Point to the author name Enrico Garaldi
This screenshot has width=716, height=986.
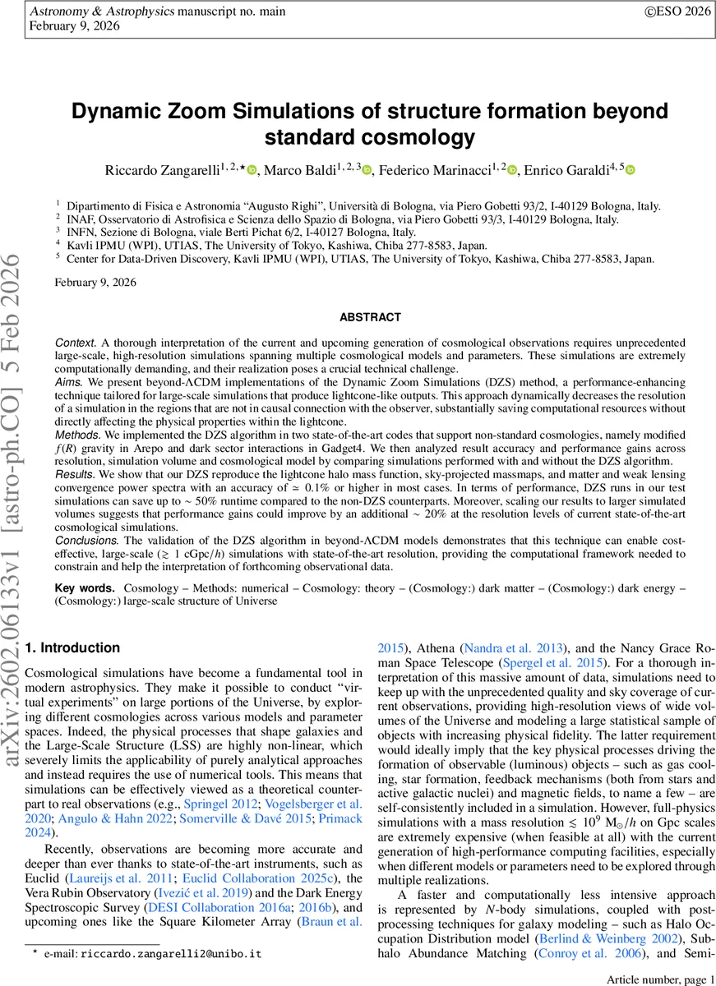click(x=572, y=170)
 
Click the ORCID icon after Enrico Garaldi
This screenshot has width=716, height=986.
click(x=631, y=171)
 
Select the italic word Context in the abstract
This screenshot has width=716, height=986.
click(x=74, y=340)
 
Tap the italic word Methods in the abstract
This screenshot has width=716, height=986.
click(x=76, y=433)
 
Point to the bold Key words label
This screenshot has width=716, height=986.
click(x=85, y=589)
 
